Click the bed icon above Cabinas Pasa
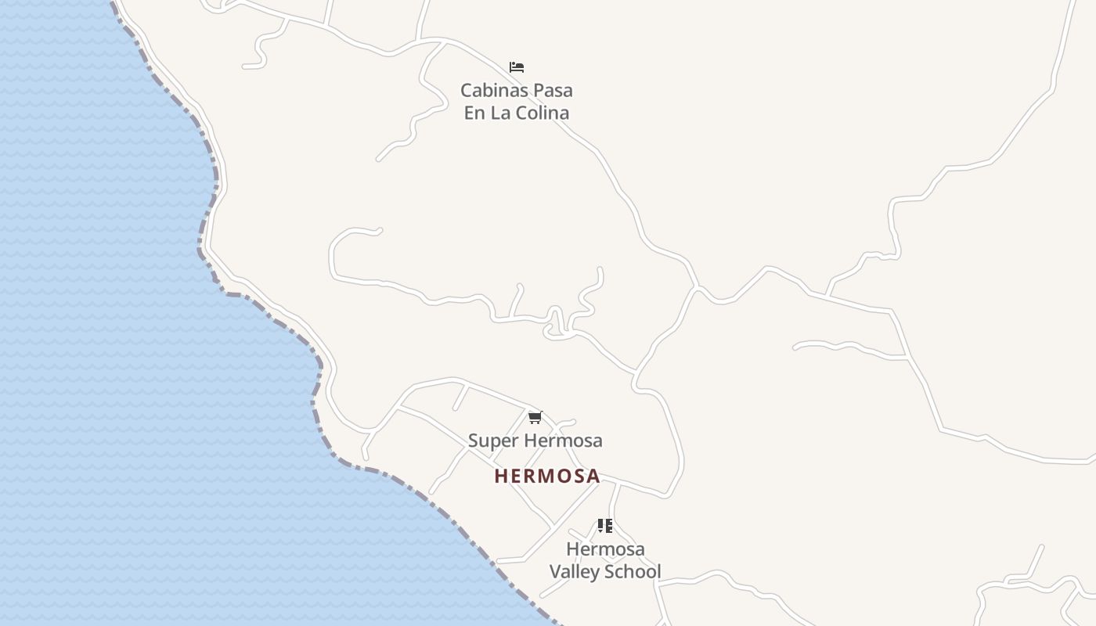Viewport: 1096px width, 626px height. point(516,67)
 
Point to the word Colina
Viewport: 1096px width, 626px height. point(541,113)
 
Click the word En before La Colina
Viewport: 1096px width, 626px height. point(474,113)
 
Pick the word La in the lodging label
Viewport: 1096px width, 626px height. point(500,113)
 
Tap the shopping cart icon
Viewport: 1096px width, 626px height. point(535,418)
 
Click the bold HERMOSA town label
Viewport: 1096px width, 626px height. point(547,476)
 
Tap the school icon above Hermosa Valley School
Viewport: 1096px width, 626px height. point(604,526)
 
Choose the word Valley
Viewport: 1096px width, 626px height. point(575,572)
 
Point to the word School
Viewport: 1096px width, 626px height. point(634,572)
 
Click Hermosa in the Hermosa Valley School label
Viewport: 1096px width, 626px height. point(605,549)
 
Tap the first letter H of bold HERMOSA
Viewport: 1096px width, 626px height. point(501,476)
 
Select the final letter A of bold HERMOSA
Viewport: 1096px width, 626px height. point(593,476)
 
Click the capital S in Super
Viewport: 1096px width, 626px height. point(474,441)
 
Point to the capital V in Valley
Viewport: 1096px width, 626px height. point(556,572)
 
